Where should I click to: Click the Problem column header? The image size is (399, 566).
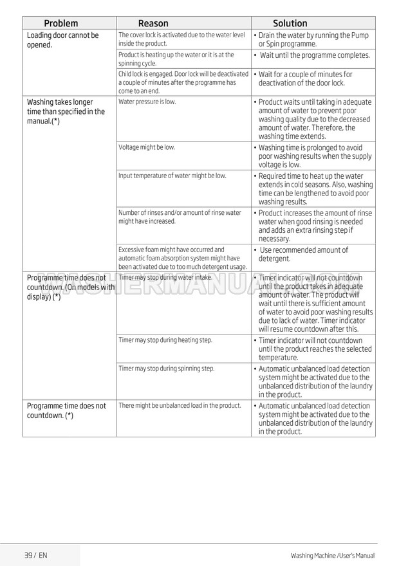point(61,23)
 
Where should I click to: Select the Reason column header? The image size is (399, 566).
point(153,23)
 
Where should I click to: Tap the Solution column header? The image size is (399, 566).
point(290,23)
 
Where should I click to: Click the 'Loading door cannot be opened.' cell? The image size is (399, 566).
point(63,40)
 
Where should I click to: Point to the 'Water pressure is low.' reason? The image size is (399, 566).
point(147,102)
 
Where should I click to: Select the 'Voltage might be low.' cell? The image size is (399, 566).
point(147,147)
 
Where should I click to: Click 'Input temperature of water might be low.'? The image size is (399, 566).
point(172,176)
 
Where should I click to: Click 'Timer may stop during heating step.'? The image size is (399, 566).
point(165,340)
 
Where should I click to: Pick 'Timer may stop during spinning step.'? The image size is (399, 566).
point(167,369)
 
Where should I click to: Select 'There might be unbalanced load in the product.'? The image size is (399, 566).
point(180,405)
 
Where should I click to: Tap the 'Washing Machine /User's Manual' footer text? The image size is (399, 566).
point(332,555)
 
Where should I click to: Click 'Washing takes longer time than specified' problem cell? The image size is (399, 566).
point(66,111)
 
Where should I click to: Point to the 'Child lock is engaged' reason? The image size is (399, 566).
point(183,82)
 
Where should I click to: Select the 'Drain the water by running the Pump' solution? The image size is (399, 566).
point(313,40)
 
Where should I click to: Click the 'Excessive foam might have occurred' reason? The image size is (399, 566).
point(183,257)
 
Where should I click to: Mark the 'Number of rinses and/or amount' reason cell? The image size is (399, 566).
point(180,217)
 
